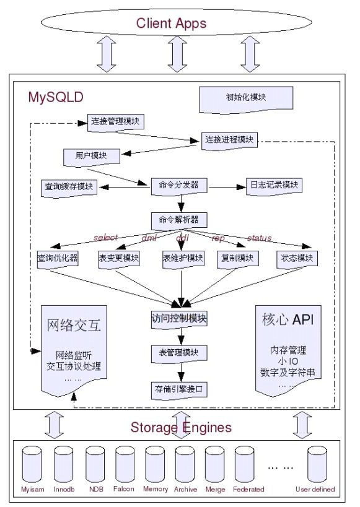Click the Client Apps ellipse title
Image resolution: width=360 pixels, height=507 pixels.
(179, 24)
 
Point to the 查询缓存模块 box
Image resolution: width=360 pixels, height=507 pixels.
(69, 186)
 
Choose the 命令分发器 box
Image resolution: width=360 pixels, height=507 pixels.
(179, 184)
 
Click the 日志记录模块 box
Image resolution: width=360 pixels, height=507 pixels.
(273, 184)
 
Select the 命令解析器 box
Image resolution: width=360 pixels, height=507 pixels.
(179, 220)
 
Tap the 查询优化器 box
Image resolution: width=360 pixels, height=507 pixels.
(57, 258)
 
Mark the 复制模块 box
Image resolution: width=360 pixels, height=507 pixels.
(237, 258)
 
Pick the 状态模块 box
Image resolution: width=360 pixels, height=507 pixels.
(297, 258)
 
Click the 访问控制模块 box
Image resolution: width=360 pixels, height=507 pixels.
(179, 319)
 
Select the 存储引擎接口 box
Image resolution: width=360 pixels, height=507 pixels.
(179, 389)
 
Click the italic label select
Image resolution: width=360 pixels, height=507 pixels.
(105, 238)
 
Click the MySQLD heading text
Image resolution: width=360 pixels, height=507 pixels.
(56, 97)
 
